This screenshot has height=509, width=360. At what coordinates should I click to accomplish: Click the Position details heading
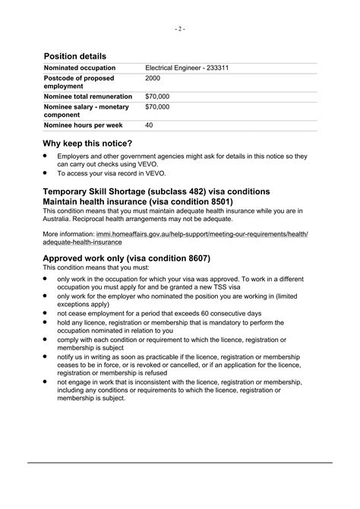tap(74, 56)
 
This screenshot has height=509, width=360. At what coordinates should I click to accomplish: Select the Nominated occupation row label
tap(77, 68)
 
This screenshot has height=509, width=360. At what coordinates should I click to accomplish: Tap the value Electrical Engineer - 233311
tap(187, 68)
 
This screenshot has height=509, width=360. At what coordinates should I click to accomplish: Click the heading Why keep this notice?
tap(87, 144)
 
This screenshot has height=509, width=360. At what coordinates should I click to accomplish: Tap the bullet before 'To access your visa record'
tap(46, 172)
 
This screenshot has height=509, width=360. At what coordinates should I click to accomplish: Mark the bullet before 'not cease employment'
tap(46, 312)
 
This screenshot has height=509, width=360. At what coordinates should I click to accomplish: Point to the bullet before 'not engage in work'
tap(46, 382)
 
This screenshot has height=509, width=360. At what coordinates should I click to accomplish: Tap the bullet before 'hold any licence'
tap(46, 321)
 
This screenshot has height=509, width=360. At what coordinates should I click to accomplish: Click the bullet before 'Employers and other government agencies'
tap(46, 156)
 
